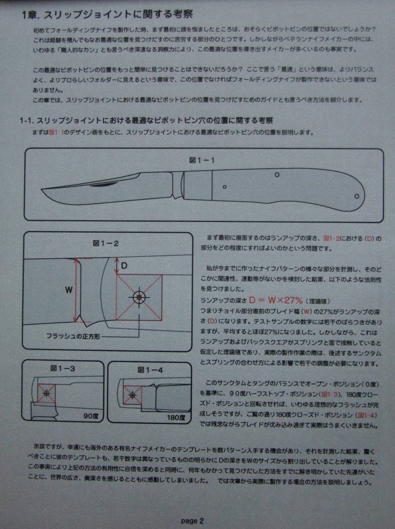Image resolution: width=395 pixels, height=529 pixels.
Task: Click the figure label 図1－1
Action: click(x=202, y=160)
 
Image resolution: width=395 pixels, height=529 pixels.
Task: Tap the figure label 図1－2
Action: click(x=106, y=244)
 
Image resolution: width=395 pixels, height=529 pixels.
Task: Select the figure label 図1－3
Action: click(x=63, y=368)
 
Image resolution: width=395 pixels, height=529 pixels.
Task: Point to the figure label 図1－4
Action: click(x=150, y=370)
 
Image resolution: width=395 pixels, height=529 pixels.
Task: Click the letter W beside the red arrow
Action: click(x=69, y=290)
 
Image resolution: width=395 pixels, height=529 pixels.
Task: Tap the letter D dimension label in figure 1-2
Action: click(x=124, y=266)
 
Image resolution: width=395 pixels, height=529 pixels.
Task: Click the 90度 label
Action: click(x=91, y=416)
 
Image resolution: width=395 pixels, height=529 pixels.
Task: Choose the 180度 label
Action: click(x=176, y=418)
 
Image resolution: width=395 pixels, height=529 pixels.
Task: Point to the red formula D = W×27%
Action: click(x=276, y=300)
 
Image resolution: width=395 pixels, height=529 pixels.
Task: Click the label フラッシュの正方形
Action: click(x=73, y=336)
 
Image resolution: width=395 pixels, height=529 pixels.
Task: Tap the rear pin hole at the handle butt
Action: click(x=357, y=196)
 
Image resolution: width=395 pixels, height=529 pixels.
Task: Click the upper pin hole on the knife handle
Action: click(x=277, y=174)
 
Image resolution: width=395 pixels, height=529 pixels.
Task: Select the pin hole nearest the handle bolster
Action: click(x=224, y=187)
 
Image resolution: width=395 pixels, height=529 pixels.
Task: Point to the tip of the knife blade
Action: click(x=41, y=189)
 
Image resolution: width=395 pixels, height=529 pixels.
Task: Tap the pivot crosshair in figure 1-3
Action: click(x=46, y=393)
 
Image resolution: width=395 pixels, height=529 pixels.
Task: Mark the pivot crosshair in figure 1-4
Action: click(x=132, y=395)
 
